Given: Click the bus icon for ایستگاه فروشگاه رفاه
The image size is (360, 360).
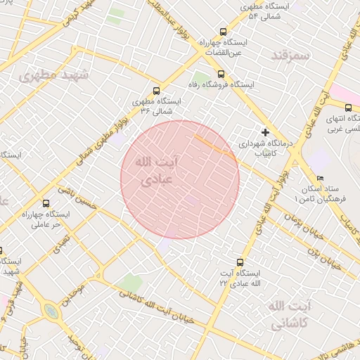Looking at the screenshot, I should pos(221,74).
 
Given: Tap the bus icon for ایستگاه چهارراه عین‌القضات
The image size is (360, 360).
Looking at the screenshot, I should pos(224,32).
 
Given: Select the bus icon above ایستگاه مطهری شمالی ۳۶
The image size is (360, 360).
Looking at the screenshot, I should pos(156,91).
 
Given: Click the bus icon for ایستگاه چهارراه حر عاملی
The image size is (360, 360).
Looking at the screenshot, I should pos(46,203).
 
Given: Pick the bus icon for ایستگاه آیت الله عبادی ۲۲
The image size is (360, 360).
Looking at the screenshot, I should pos(241,262).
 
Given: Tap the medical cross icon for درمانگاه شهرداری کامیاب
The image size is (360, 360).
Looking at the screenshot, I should pos(265,132).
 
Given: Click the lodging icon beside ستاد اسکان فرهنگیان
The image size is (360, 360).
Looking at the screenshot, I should pos(321,179).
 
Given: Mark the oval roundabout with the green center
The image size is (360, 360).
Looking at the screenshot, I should pos(51,311).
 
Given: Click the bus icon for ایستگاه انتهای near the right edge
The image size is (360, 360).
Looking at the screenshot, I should pos(349,108).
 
